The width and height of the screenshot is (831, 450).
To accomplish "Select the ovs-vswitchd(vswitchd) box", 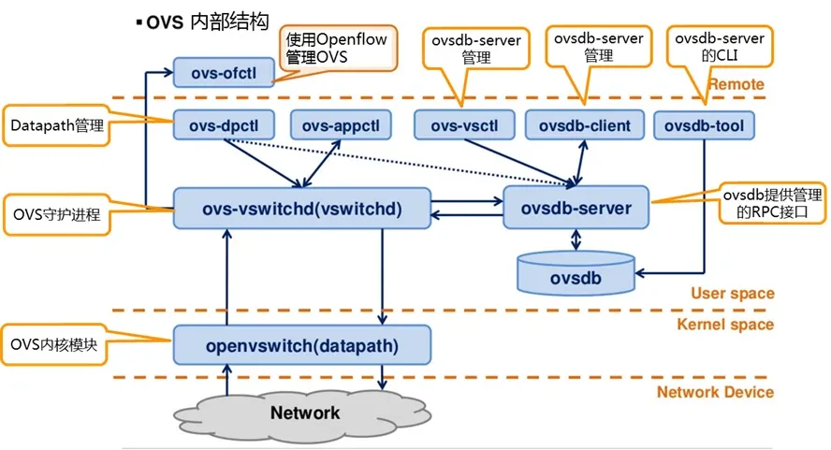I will [x=301, y=208].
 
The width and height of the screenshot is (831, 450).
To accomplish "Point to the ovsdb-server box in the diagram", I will [x=576, y=208].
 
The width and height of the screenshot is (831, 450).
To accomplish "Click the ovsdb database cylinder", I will [x=576, y=269].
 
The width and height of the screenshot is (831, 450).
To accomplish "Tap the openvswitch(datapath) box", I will [x=301, y=345].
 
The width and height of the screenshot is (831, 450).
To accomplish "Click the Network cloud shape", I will [x=304, y=412].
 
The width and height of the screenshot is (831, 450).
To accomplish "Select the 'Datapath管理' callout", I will [x=55, y=124].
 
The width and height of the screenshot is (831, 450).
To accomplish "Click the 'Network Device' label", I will [x=715, y=392].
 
